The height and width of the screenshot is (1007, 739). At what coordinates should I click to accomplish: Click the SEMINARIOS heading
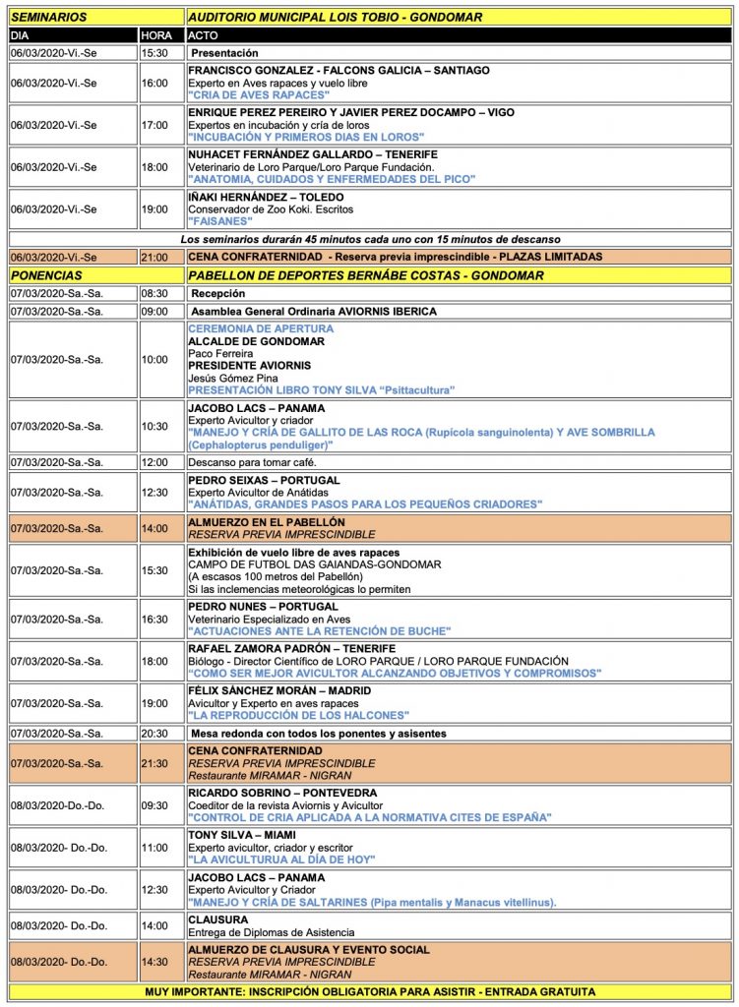(49, 17)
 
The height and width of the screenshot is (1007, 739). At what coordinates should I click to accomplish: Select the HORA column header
(155, 34)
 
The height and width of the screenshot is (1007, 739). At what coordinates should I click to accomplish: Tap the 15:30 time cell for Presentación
(154, 52)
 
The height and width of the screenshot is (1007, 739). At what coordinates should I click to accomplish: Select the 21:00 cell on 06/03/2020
(154, 257)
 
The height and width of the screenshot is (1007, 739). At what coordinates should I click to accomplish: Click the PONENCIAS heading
(47, 275)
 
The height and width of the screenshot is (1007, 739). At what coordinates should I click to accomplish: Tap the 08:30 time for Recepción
(154, 293)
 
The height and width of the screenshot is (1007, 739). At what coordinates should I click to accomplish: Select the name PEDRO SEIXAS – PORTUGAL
(264, 480)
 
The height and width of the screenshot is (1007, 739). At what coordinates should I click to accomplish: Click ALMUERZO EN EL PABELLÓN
(266, 522)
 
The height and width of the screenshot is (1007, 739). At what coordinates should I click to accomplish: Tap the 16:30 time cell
(154, 620)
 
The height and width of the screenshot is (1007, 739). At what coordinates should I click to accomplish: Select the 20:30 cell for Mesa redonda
(154, 734)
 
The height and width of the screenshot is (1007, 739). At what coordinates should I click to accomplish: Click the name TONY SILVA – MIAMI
(246, 834)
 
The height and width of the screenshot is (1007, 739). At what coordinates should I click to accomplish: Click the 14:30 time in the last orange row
(154, 963)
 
